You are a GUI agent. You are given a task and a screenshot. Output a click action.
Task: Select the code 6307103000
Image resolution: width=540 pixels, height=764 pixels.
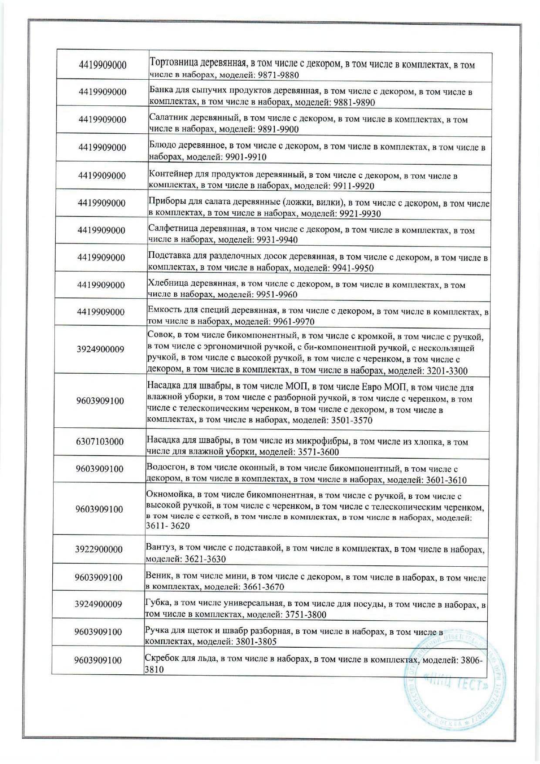pos(100,441)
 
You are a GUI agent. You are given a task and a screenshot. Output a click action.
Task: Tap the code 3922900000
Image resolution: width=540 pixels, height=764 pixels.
pos(99,549)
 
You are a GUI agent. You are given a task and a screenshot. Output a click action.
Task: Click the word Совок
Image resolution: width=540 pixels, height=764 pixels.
pos(159,336)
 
